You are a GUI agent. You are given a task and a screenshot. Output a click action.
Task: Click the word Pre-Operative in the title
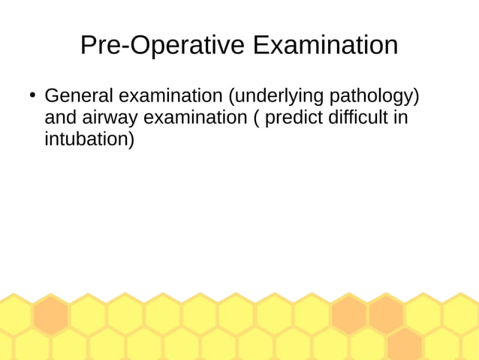coord(163,46)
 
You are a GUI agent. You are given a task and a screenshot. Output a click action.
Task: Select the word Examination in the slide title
coord(325,46)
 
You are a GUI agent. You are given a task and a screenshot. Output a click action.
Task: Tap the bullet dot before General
coord(32,95)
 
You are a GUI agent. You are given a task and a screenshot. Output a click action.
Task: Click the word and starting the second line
coord(61,118)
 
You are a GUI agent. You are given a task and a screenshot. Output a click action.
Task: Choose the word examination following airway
coord(195,118)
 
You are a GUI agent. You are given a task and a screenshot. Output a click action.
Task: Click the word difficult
coord(363,118)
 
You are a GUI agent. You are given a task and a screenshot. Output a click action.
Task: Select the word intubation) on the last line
coord(89,140)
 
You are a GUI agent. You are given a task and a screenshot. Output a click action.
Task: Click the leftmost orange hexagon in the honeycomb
coord(50,315)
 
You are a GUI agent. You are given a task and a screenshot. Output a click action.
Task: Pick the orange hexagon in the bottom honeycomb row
coord(405,345)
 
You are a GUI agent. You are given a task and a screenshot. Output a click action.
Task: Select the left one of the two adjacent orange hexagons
coord(349,315)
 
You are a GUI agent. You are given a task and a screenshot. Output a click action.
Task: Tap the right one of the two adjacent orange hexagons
coord(386,315)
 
